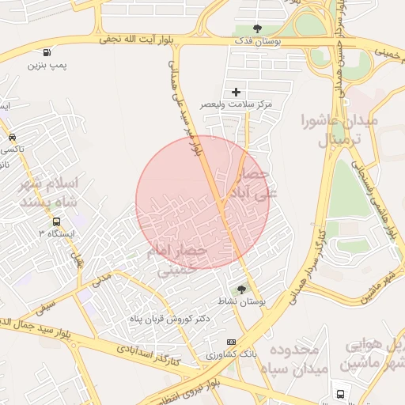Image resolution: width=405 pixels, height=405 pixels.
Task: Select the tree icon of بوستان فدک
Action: [257, 29]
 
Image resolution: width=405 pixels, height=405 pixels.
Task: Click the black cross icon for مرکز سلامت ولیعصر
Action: [236, 93]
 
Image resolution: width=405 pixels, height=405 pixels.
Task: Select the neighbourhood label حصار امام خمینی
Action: [176, 260]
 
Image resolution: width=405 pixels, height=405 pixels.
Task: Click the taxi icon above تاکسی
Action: [12, 137]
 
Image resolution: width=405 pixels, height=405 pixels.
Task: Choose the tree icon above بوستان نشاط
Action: [241, 290]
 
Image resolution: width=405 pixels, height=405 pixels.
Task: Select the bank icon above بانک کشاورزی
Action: [231, 342]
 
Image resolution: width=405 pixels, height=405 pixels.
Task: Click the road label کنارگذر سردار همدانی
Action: [309, 261]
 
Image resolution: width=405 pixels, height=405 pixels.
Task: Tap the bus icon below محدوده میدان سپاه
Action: [340, 393]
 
